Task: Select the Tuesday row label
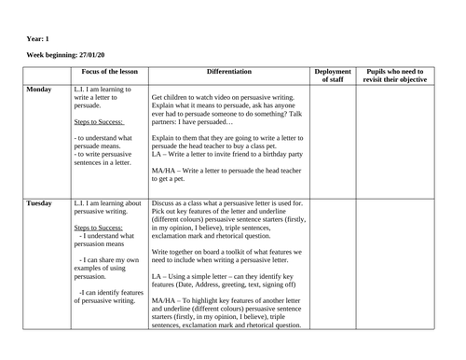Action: click(38, 202)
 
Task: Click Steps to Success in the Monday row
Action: click(99, 121)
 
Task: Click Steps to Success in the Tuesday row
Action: click(99, 227)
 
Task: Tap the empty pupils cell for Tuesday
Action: click(396, 266)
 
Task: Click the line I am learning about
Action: click(107, 202)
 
